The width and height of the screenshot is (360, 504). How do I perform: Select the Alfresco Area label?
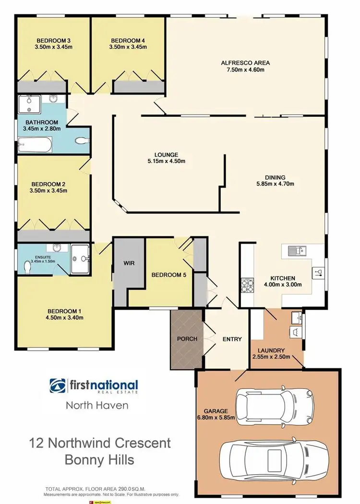pos(245,63)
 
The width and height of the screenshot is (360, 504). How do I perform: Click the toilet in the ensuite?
pos(28,268)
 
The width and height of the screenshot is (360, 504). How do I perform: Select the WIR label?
pos(129,263)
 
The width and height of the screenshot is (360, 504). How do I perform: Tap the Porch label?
pos(187,339)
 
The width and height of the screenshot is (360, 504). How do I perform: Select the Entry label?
pos(232,339)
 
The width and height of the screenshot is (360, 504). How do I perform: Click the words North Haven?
pos(97,405)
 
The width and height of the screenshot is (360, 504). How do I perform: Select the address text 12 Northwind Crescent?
pos(99,442)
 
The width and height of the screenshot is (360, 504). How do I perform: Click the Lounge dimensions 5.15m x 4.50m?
pos(166,161)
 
